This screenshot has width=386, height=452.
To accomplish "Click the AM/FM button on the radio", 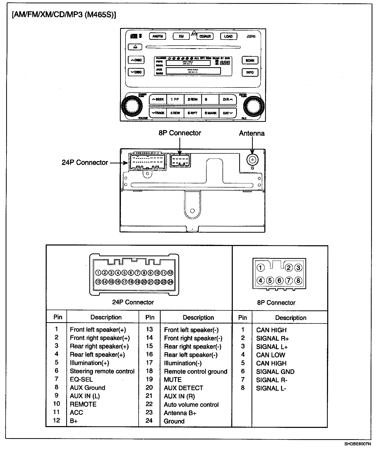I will click(x=158, y=36).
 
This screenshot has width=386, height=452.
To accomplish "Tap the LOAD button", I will click(x=228, y=36).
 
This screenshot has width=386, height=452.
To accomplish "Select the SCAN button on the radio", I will click(x=250, y=60).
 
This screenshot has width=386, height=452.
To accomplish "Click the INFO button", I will click(x=250, y=72).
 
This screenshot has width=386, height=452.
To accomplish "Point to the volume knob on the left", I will click(x=131, y=105).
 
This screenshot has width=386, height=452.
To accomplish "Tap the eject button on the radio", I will click(x=135, y=47).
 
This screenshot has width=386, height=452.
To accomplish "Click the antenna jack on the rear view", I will click(x=252, y=160).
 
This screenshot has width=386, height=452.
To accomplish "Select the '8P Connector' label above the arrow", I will click(x=180, y=133).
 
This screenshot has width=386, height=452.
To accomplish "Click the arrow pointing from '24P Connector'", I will click(x=119, y=163).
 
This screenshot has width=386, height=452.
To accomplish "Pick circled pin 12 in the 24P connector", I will click(x=170, y=273).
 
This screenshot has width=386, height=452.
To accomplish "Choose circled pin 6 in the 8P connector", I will click(x=279, y=281).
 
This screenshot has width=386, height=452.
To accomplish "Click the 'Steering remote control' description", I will click(x=102, y=371).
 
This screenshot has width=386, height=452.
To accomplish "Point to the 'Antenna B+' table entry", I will click(x=180, y=413).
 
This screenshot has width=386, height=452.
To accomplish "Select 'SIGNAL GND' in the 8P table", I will click(x=275, y=372).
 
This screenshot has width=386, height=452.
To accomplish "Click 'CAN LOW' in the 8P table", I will click(x=271, y=355).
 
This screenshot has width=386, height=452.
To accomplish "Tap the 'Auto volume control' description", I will click(x=191, y=405).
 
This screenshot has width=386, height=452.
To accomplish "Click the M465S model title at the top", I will click(x=64, y=15).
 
